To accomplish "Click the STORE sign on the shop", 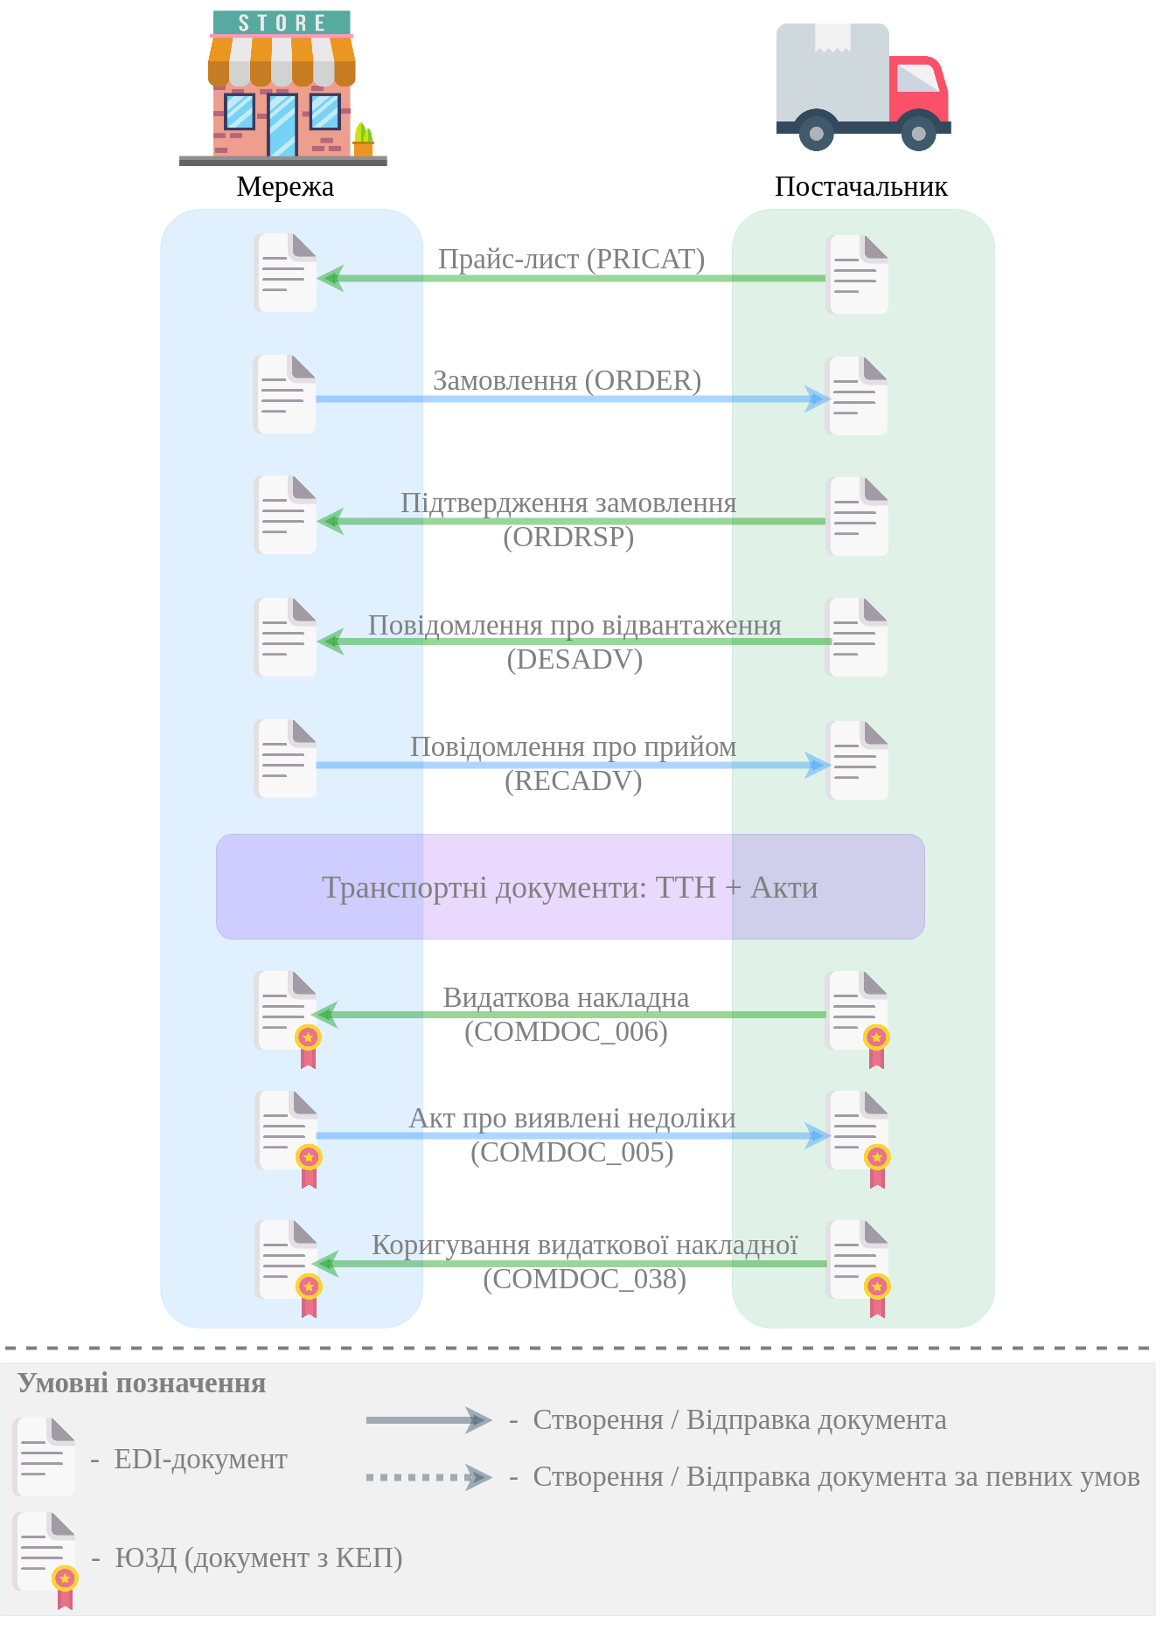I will coord(282,23).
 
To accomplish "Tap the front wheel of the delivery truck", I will coord(918,133).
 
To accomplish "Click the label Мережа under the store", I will coord(285,186).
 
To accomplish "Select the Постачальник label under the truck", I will coord(860,186).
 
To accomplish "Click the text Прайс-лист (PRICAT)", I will coord(571,259).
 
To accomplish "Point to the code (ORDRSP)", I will coord(568,537).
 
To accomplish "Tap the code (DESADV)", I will coord(575,659).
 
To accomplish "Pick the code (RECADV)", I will coord(573,780).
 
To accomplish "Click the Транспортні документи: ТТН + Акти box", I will coord(570,887).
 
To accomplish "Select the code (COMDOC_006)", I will coord(566,1031).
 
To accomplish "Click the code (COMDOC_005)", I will coord(572,1152).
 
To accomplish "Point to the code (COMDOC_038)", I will coord(584,1279).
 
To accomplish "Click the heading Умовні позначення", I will coord(142,1384).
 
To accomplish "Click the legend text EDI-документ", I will coord(200,1459).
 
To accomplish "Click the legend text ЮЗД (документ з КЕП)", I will coord(258,1557).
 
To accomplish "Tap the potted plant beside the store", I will coord(363,140).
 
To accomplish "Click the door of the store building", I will coord(282,126).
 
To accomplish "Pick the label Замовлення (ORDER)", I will coord(568,381).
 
